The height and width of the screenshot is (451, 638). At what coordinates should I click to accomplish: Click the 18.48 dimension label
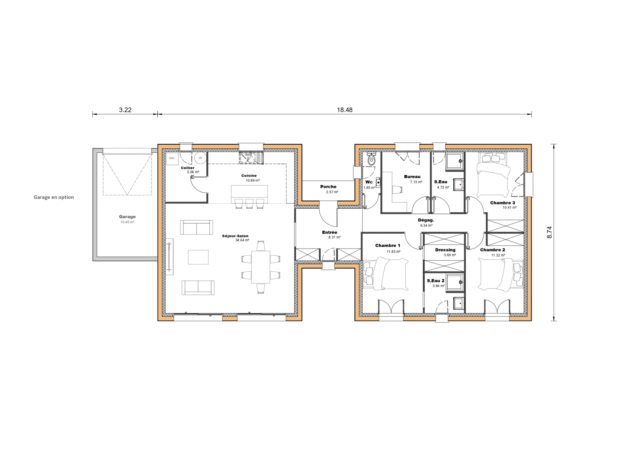click(x=345, y=110)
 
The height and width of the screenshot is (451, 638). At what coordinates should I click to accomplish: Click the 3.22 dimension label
click(x=125, y=110)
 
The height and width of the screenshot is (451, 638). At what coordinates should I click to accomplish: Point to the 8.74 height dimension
click(x=550, y=232)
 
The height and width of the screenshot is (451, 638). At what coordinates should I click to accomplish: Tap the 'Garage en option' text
click(x=54, y=197)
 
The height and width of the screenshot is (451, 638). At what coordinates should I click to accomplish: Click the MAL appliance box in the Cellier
click(x=172, y=158)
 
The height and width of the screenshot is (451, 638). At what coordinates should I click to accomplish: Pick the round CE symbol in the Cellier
click(x=200, y=158)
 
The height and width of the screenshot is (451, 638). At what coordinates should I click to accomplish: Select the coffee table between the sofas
click(x=198, y=257)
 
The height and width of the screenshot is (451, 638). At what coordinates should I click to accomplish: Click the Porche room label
click(x=328, y=187)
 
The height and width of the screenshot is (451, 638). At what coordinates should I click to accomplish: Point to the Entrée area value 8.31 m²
click(x=334, y=237)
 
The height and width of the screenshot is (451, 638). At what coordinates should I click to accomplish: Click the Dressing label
click(x=445, y=250)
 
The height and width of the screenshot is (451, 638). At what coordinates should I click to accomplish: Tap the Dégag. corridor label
click(x=426, y=220)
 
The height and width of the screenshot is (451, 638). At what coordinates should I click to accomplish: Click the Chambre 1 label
click(x=388, y=245)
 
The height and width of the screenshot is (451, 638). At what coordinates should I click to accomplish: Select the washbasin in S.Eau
click(x=459, y=184)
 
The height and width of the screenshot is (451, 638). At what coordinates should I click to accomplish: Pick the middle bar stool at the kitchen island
click(x=249, y=203)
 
